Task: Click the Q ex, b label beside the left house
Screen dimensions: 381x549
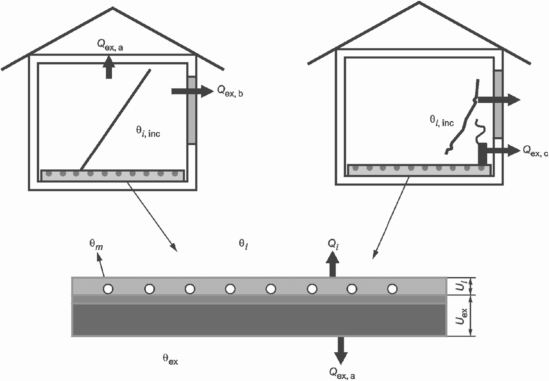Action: point(230,91)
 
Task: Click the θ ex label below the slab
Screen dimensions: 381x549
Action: point(170,359)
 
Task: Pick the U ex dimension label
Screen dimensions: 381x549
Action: point(461,316)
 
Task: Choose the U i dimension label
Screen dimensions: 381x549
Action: point(461,286)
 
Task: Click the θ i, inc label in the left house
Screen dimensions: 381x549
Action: point(148,132)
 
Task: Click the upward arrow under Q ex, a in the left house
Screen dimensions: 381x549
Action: point(109,68)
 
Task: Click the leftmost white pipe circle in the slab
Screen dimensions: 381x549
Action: point(108,289)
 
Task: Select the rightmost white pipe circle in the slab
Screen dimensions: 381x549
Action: point(392,288)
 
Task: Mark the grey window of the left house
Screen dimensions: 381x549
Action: point(191,110)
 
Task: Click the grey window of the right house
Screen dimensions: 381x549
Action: point(498,104)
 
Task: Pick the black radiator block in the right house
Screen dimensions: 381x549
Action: point(483,154)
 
